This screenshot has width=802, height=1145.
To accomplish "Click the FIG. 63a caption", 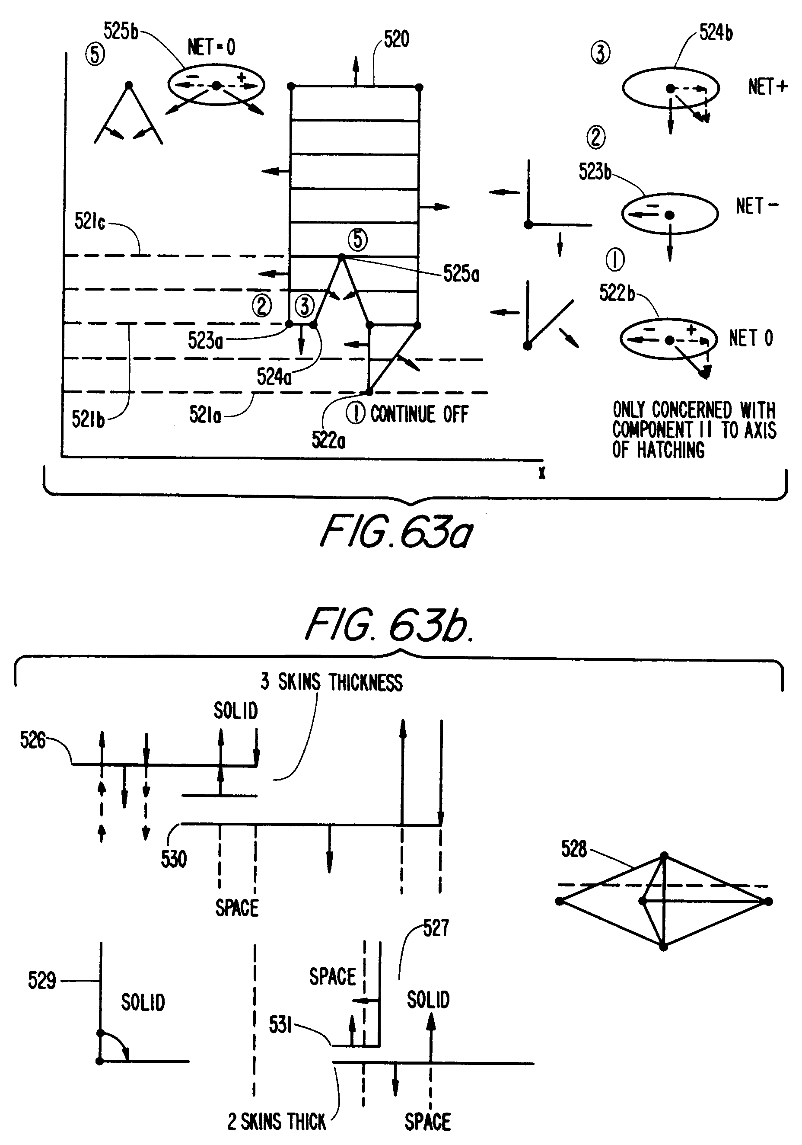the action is click(x=396, y=531).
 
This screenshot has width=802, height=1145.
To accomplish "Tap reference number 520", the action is click(x=397, y=39).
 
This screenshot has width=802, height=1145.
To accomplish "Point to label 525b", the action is click(x=121, y=31).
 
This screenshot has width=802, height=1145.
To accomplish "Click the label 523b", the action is click(x=595, y=172).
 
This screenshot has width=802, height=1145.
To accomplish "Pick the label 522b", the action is click(x=617, y=293).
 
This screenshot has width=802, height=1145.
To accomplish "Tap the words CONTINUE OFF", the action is click(x=419, y=414).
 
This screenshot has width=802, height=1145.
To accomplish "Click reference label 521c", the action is click(x=90, y=221).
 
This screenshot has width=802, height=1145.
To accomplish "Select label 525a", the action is click(x=461, y=274).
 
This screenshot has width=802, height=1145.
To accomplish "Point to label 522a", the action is click(x=328, y=440).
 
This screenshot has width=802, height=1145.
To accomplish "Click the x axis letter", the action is click(x=542, y=473).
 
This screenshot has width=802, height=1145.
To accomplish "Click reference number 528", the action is click(x=574, y=848).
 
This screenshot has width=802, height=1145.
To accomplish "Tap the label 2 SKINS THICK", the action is click(x=277, y=1122).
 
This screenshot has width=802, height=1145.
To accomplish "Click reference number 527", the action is click(x=436, y=928).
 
